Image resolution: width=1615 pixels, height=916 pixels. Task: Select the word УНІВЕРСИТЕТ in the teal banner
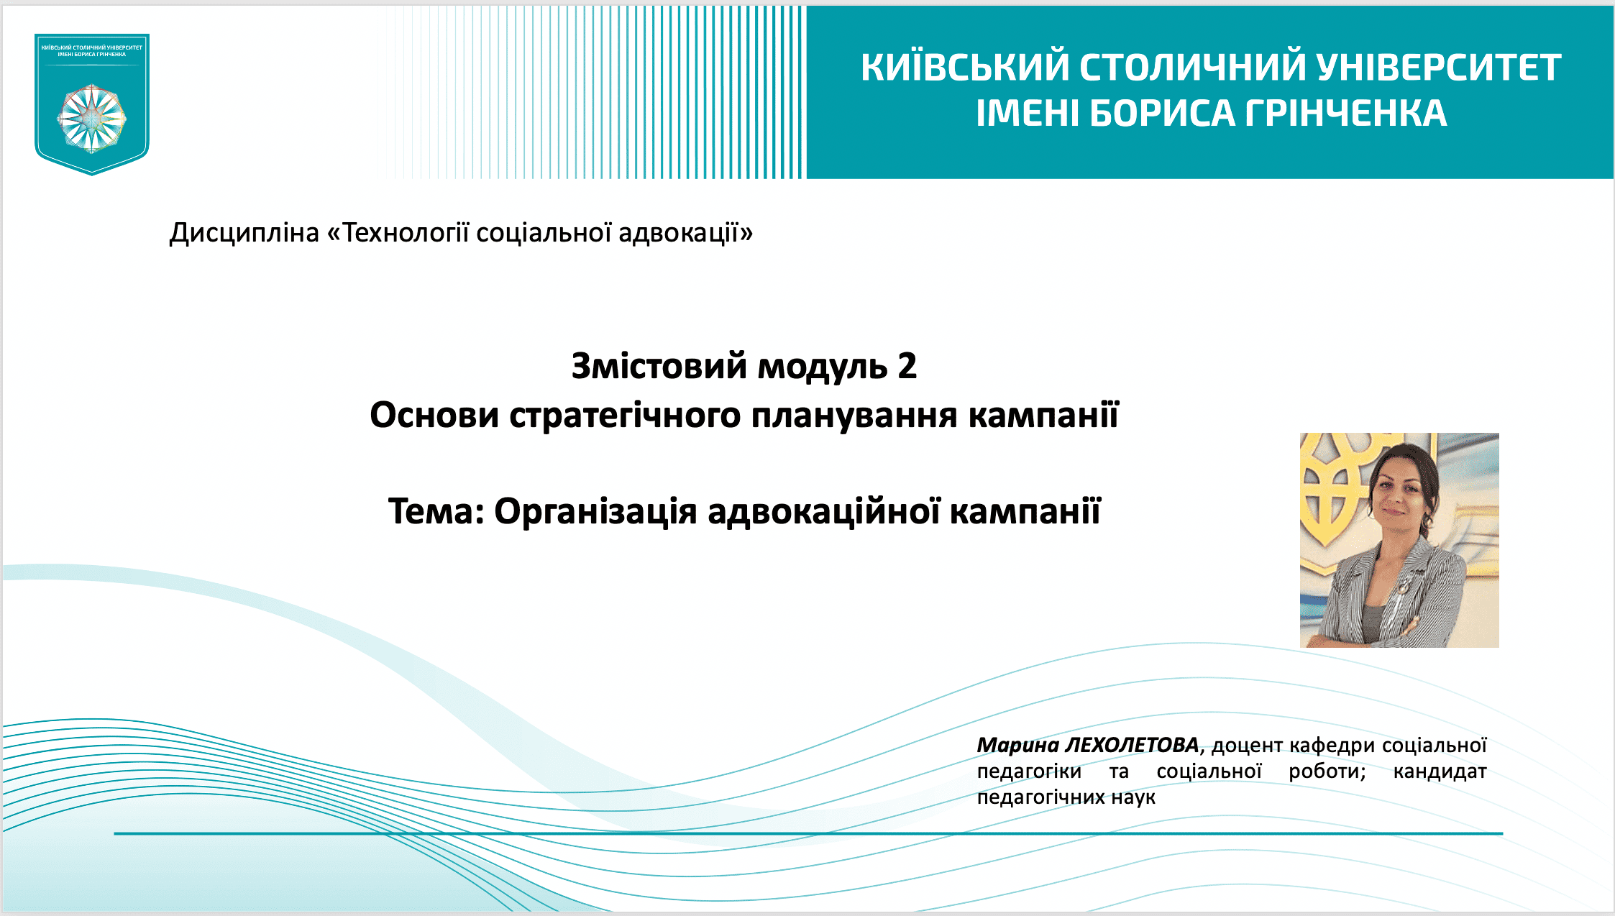1439,67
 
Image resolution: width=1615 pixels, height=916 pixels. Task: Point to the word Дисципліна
244,233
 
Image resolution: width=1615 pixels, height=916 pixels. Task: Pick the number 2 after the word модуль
907,366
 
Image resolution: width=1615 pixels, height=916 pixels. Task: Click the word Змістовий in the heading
659,366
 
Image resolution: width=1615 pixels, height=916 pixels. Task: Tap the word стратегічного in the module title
625,416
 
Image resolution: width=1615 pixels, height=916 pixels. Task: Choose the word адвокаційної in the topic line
823,511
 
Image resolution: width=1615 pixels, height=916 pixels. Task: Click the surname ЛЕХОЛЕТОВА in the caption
1132,745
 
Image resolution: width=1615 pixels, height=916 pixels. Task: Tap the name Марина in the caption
1017,745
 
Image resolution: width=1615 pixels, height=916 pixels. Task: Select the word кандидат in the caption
1440,771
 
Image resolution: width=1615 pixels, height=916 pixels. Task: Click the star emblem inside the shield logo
92,118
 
